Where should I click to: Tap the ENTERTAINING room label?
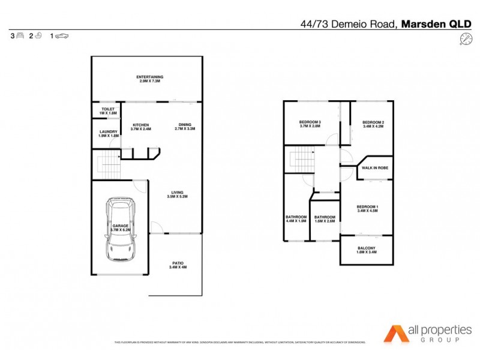tap(149, 79)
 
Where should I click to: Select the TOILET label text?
tap(108, 110)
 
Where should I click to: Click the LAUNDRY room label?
tap(108, 133)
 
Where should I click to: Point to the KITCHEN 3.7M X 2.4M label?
tap(141, 127)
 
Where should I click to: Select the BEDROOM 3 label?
tap(310, 124)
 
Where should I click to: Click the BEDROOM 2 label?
tap(373, 124)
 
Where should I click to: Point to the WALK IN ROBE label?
tap(375, 169)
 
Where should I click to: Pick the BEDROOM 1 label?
tap(367, 209)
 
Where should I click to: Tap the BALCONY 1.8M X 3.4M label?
tap(367, 250)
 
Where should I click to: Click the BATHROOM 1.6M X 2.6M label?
tap(325, 219)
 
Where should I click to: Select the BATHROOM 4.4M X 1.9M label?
tap(296, 219)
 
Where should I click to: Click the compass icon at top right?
tap(465, 39)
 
